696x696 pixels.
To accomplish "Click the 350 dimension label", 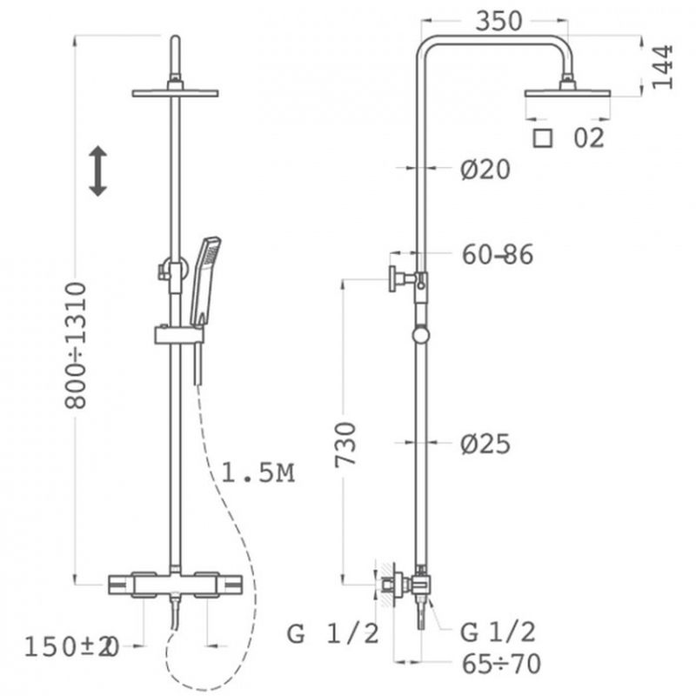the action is (x=498, y=21).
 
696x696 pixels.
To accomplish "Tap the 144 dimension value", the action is (x=662, y=67).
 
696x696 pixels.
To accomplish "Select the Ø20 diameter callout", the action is (x=485, y=170).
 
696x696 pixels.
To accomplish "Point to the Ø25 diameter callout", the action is (x=485, y=444).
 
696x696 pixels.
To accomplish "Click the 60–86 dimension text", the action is (x=497, y=255).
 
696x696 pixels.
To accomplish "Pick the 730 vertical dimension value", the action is (x=345, y=445).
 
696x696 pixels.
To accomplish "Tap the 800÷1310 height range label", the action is (x=76, y=345).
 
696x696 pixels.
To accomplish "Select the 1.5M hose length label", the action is (x=258, y=472).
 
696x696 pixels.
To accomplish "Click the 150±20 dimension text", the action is (x=71, y=646).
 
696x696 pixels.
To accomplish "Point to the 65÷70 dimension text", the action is (x=501, y=664).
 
